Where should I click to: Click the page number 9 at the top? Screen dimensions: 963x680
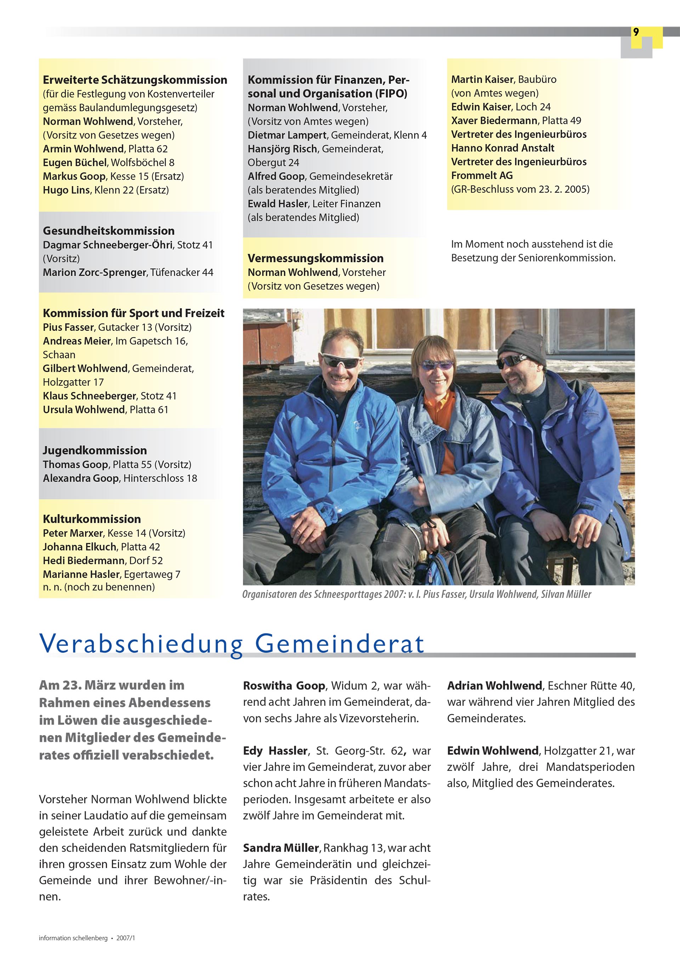click(x=636, y=32)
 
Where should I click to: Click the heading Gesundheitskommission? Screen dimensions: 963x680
click(x=109, y=231)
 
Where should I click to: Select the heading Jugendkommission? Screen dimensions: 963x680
click(x=95, y=450)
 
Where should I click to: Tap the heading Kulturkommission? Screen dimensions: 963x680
click(x=91, y=519)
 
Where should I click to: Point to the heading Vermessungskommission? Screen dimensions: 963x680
click(x=315, y=258)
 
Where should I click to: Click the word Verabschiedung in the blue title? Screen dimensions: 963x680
click(x=141, y=643)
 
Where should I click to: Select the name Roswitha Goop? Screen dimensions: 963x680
click(x=284, y=686)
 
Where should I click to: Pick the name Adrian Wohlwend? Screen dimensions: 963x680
click(x=494, y=686)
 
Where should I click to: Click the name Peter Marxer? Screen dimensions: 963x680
click(x=73, y=533)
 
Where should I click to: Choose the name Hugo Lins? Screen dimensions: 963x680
click(x=66, y=190)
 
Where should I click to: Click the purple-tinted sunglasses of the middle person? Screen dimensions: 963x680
click(x=437, y=365)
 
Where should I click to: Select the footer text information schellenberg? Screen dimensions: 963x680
click(x=73, y=938)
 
